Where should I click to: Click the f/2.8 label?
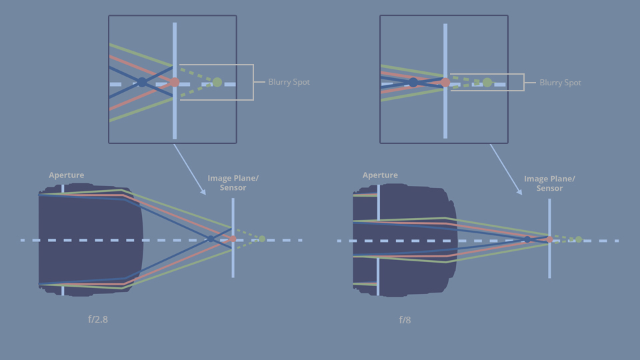point(97,319)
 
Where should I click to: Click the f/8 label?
point(405,320)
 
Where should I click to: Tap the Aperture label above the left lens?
point(67,175)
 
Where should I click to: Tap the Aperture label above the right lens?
point(380,175)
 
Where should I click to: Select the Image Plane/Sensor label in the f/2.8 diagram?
point(233,183)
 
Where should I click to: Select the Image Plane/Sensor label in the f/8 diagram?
point(549,183)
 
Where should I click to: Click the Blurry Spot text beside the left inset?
point(289,82)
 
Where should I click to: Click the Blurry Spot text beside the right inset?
point(560,83)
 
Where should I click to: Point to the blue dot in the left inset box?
point(142,82)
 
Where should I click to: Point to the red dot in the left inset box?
point(175,82)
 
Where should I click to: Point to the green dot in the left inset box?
point(217,82)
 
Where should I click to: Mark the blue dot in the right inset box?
point(413,83)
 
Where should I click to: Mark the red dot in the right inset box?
point(445,83)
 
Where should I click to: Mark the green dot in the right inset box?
point(487,83)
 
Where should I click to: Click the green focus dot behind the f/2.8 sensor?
point(262,239)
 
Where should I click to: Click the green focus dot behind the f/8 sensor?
point(579,239)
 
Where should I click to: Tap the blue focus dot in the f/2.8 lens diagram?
point(211,239)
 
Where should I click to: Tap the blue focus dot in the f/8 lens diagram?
point(527,239)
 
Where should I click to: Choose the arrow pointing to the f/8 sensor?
point(506,169)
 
